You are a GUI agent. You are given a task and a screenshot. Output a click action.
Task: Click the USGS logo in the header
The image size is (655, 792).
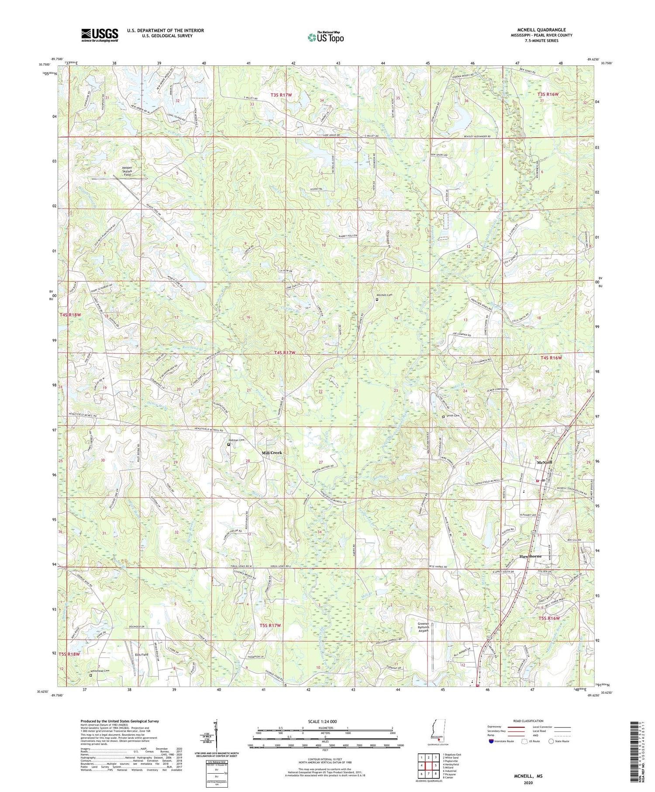[100, 35]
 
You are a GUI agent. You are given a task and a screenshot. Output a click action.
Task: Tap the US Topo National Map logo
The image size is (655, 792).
[325, 37]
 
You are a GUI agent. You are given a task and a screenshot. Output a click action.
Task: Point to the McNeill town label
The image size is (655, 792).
[545, 462]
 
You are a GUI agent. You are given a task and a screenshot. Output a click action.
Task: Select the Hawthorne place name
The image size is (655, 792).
[531, 556]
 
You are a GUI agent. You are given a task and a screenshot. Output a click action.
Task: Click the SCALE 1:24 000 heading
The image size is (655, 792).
[325, 721]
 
